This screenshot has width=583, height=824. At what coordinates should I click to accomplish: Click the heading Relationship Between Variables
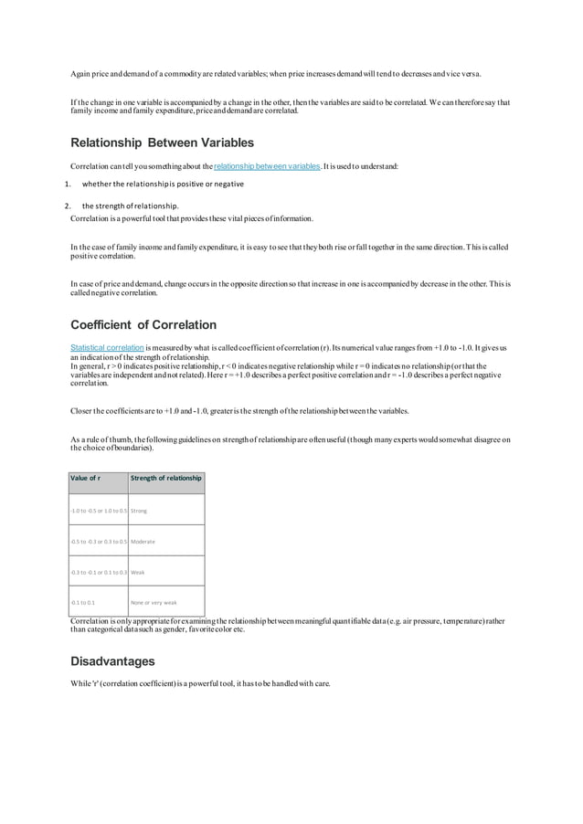[162, 143]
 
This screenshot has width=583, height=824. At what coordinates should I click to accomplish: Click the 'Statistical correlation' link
[107, 348]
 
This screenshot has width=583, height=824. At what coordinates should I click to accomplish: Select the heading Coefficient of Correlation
[143, 324]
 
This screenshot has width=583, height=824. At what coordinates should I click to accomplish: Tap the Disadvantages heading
[112, 660]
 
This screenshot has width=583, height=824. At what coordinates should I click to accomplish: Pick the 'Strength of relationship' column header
[165, 478]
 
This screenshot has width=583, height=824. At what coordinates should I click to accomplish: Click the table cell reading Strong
[139, 511]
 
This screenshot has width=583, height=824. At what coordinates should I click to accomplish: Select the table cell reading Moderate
[143, 542]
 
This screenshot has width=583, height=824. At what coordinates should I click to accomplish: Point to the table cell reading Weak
[138, 572]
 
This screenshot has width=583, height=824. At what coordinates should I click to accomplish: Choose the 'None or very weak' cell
[154, 603]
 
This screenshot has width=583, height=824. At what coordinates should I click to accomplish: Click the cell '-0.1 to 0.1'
[82, 603]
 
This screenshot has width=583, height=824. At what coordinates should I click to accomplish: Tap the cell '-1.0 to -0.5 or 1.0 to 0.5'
[99, 511]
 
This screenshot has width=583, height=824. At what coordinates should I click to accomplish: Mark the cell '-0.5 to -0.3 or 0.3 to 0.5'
[99, 542]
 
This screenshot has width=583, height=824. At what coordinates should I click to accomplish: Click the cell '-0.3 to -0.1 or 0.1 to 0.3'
[99, 572]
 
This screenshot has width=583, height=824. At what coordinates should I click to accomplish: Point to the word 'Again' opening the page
[81, 73]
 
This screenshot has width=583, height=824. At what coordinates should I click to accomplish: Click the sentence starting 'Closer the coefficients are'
[239, 410]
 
